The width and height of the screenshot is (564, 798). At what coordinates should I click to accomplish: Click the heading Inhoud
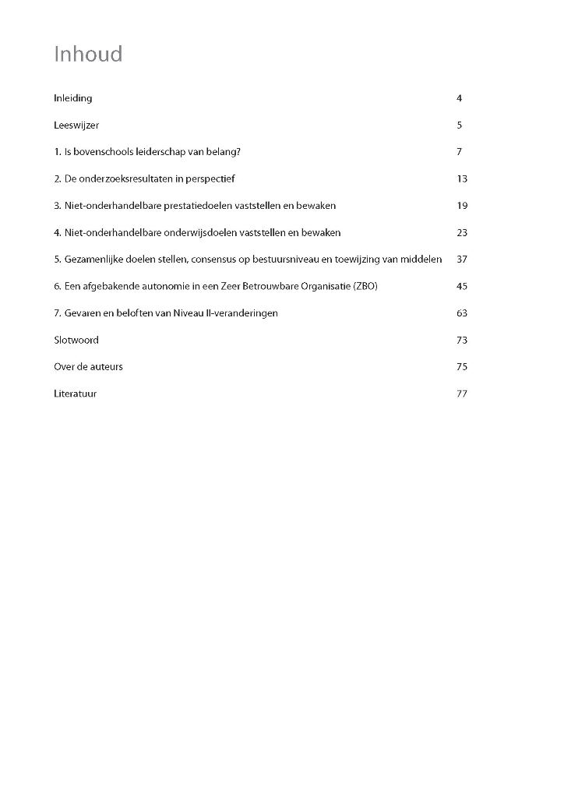coord(88,55)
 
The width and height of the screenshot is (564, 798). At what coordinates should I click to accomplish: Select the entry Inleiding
coord(73,98)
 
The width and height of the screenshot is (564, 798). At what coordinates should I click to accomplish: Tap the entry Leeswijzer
coord(76,125)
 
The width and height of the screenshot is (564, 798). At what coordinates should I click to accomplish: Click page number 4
coord(460,98)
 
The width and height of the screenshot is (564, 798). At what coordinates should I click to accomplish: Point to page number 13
coord(462,179)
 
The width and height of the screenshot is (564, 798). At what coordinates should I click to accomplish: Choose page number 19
coord(462,206)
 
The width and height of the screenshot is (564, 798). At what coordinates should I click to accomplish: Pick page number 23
coord(462,233)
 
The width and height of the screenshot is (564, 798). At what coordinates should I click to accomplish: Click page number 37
coord(462,260)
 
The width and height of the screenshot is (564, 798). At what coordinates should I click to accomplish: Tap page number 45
coord(462,287)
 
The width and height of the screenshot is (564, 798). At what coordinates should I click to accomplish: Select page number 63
coord(462,313)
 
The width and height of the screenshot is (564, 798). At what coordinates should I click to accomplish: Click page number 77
coord(462,394)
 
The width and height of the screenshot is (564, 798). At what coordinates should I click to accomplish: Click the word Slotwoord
coord(76,341)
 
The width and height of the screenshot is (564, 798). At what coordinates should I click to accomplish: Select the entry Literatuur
coord(76,394)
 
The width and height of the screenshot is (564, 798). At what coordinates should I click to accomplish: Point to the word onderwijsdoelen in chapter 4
coord(203,233)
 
